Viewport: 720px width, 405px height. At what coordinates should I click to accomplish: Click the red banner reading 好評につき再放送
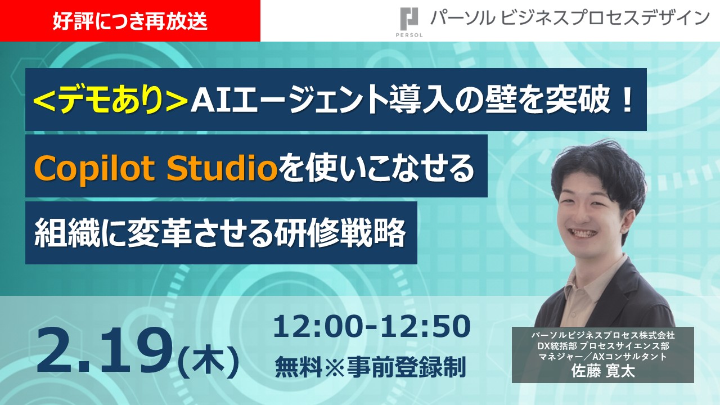(130, 21)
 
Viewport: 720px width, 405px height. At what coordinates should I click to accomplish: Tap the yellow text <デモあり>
(111, 101)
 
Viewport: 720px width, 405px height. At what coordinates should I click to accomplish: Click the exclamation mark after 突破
(626, 101)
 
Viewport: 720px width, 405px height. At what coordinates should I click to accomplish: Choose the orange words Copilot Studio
(156, 167)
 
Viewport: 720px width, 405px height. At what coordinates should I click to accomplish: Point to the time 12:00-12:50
(371, 327)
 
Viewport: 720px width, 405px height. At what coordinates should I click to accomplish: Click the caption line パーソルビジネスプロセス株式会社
(602, 335)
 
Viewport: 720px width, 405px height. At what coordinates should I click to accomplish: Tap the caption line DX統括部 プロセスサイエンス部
(602, 346)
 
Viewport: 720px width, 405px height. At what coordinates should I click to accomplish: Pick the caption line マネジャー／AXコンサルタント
(602, 357)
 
